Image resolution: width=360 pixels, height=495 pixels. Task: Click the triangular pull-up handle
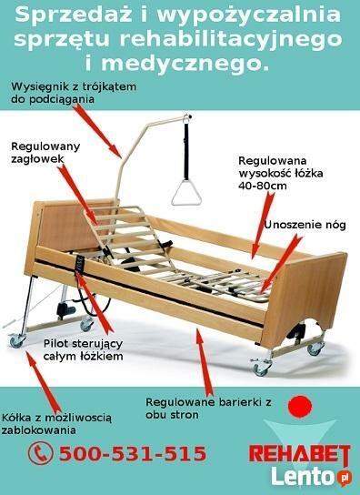point(187,193)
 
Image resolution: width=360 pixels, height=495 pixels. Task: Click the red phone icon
point(38,453)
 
